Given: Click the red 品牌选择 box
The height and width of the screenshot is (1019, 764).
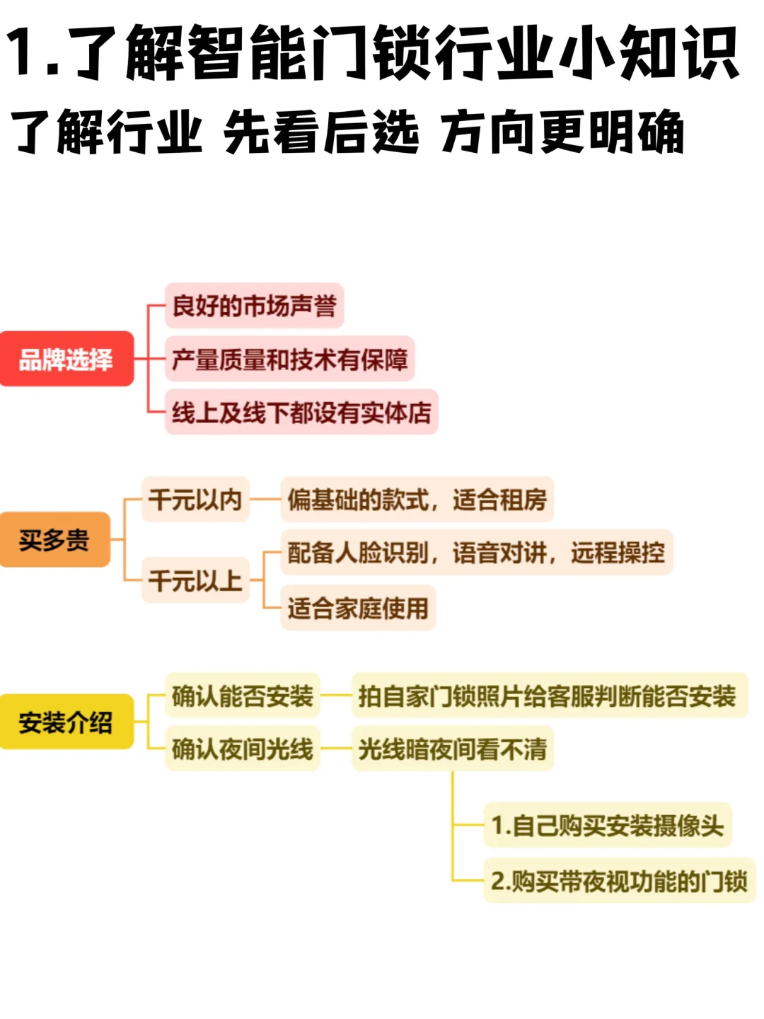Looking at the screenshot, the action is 66,359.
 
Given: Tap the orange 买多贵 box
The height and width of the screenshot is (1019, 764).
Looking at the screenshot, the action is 54,540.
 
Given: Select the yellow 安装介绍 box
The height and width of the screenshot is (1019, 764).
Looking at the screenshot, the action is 66,722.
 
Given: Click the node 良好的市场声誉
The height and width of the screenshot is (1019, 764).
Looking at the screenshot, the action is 254,306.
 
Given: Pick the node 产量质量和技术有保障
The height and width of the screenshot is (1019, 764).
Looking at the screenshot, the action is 289,359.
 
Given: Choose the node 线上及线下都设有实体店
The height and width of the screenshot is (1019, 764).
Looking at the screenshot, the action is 301,412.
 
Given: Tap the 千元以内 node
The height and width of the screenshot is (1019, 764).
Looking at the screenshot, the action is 195,500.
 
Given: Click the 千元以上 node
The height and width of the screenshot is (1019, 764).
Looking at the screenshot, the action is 195,580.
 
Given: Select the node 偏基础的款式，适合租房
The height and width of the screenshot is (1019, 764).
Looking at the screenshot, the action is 417,500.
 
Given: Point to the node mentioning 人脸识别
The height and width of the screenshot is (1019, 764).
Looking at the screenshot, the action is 476,552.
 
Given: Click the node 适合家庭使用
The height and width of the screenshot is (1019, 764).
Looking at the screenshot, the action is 358,608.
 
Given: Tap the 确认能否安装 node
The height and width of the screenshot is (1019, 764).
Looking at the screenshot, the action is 242,696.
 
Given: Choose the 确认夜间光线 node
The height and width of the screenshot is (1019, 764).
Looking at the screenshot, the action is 242,748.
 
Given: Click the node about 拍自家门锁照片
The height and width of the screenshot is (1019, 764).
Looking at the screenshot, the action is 548,696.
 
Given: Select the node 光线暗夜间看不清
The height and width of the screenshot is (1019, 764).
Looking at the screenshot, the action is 452,748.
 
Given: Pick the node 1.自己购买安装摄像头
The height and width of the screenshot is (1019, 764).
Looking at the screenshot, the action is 607,825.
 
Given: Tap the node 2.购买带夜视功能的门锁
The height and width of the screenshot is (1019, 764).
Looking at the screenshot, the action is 619,881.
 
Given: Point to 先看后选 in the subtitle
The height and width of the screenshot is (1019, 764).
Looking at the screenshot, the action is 320,132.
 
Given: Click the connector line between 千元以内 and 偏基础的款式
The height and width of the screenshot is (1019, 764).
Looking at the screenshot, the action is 265,500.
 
